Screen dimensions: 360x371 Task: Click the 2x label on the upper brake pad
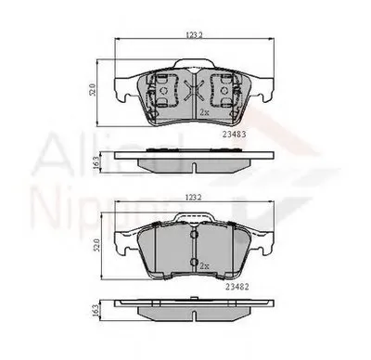[x=204, y=112]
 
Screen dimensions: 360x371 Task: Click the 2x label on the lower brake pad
[x=204, y=265]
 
